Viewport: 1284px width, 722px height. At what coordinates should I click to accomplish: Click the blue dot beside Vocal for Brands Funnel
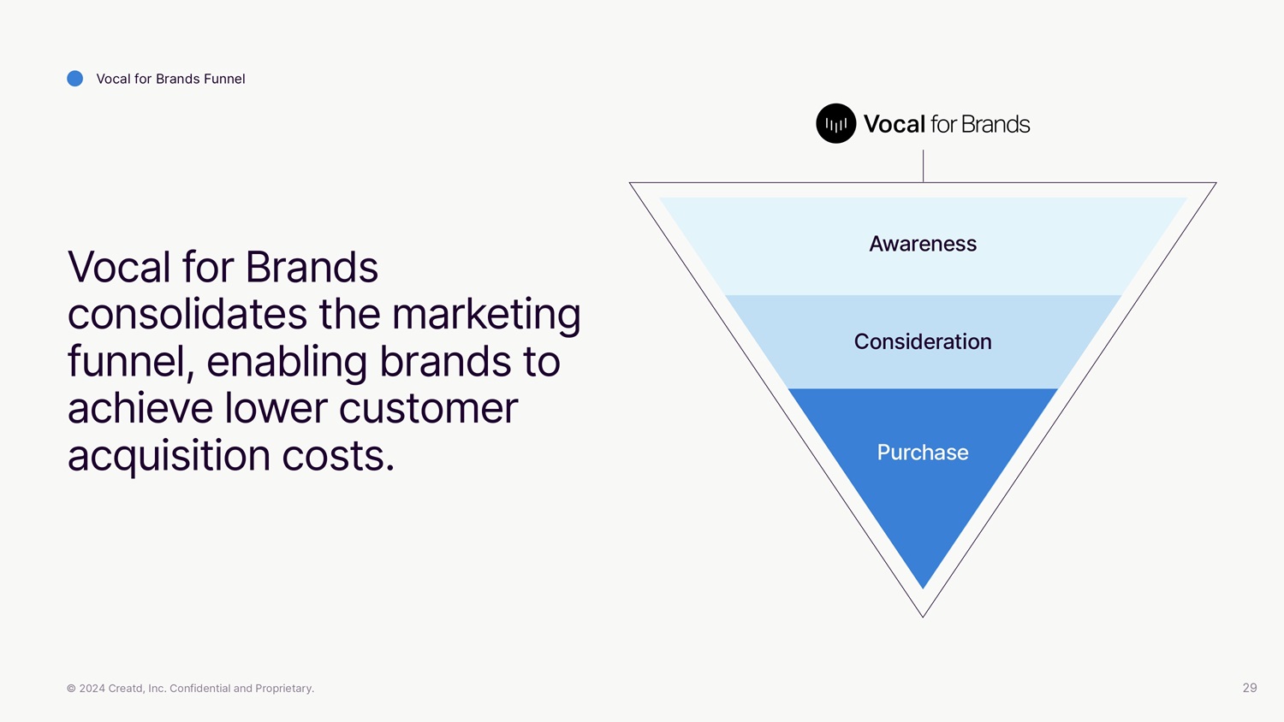[x=75, y=79]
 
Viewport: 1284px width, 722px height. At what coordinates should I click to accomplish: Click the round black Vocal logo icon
[x=835, y=124]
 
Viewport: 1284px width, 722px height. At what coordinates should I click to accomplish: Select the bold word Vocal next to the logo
[x=894, y=124]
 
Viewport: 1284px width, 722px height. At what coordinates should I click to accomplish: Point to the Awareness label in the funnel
[x=923, y=244]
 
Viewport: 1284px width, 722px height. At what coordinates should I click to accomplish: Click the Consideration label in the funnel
[x=923, y=341]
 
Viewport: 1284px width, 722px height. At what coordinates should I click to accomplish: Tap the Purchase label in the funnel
[x=923, y=452]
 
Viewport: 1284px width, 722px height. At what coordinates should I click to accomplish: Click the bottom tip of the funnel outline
[x=923, y=614]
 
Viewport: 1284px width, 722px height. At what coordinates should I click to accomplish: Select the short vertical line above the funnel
[x=923, y=165]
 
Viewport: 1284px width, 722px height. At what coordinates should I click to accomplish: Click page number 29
[x=1249, y=688]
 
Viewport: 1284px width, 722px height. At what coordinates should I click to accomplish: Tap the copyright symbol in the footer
[x=71, y=689]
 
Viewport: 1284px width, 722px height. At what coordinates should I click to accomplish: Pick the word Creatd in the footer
[x=126, y=689]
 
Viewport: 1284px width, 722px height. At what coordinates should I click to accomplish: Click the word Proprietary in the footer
[x=284, y=689]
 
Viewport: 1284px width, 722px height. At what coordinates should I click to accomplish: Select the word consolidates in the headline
[x=187, y=314]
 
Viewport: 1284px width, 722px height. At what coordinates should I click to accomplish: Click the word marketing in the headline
[x=485, y=314]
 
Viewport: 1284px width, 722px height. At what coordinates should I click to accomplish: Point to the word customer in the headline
[x=428, y=408]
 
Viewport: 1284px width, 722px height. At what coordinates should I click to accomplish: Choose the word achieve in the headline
[x=140, y=408]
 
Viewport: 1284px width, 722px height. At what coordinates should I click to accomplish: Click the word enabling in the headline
[x=287, y=361]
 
